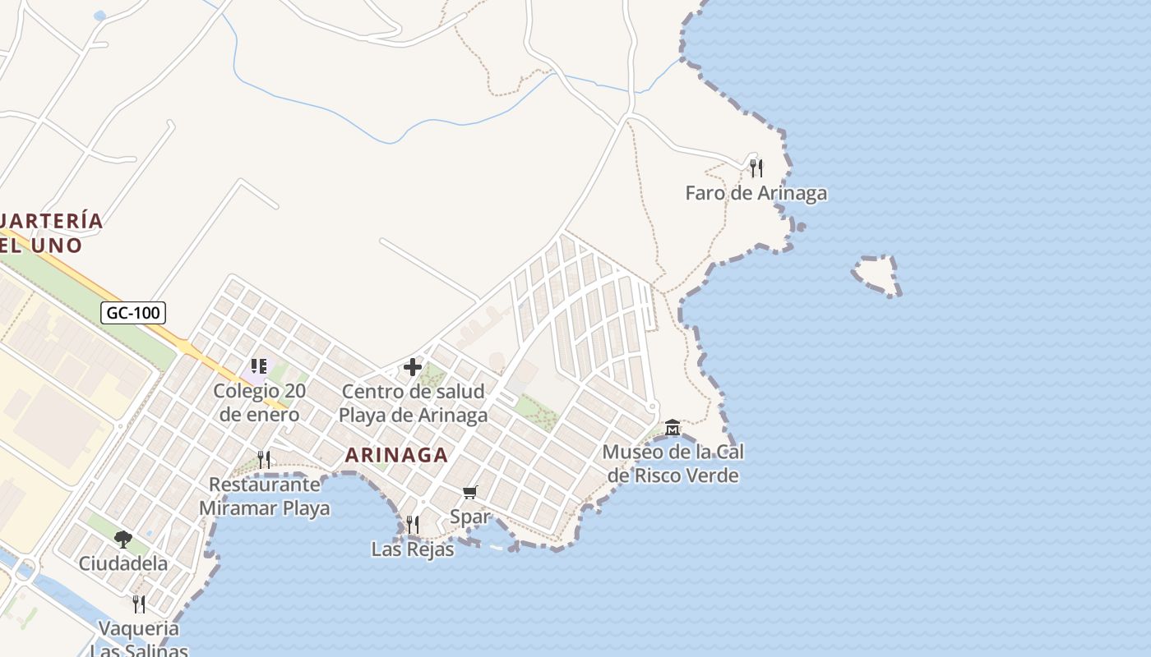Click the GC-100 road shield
tap(133, 312)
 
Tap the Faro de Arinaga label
tap(756, 193)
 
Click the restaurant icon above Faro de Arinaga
tap(756, 168)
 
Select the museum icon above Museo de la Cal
tap(673, 427)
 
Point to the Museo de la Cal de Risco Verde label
tap(673, 463)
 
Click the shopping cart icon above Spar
tap(469, 492)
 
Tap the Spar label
tap(470, 517)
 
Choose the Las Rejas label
tap(412, 549)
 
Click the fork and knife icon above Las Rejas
tap(412, 524)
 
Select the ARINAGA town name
tap(396, 454)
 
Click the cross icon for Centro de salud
tap(413, 367)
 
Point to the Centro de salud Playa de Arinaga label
tap(413, 402)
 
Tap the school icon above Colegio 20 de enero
tap(259, 366)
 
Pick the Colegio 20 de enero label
tap(259, 402)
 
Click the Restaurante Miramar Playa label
tap(264, 496)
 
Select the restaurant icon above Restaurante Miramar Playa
tap(264, 459)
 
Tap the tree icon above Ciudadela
tap(123, 539)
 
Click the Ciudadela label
tap(123, 563)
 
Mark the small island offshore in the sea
tap(876, 274)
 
